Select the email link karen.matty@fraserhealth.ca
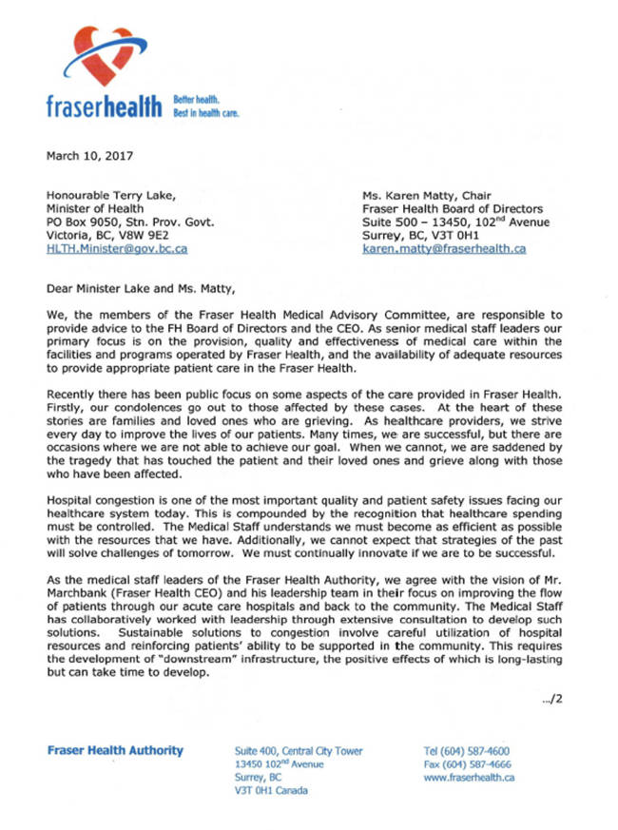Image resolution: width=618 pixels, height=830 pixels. (444, 248)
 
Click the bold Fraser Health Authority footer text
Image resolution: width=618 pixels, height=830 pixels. (115, 750)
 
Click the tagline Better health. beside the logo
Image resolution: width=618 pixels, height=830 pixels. (197, 98)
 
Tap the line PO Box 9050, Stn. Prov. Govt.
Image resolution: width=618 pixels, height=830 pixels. (130, 222)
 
